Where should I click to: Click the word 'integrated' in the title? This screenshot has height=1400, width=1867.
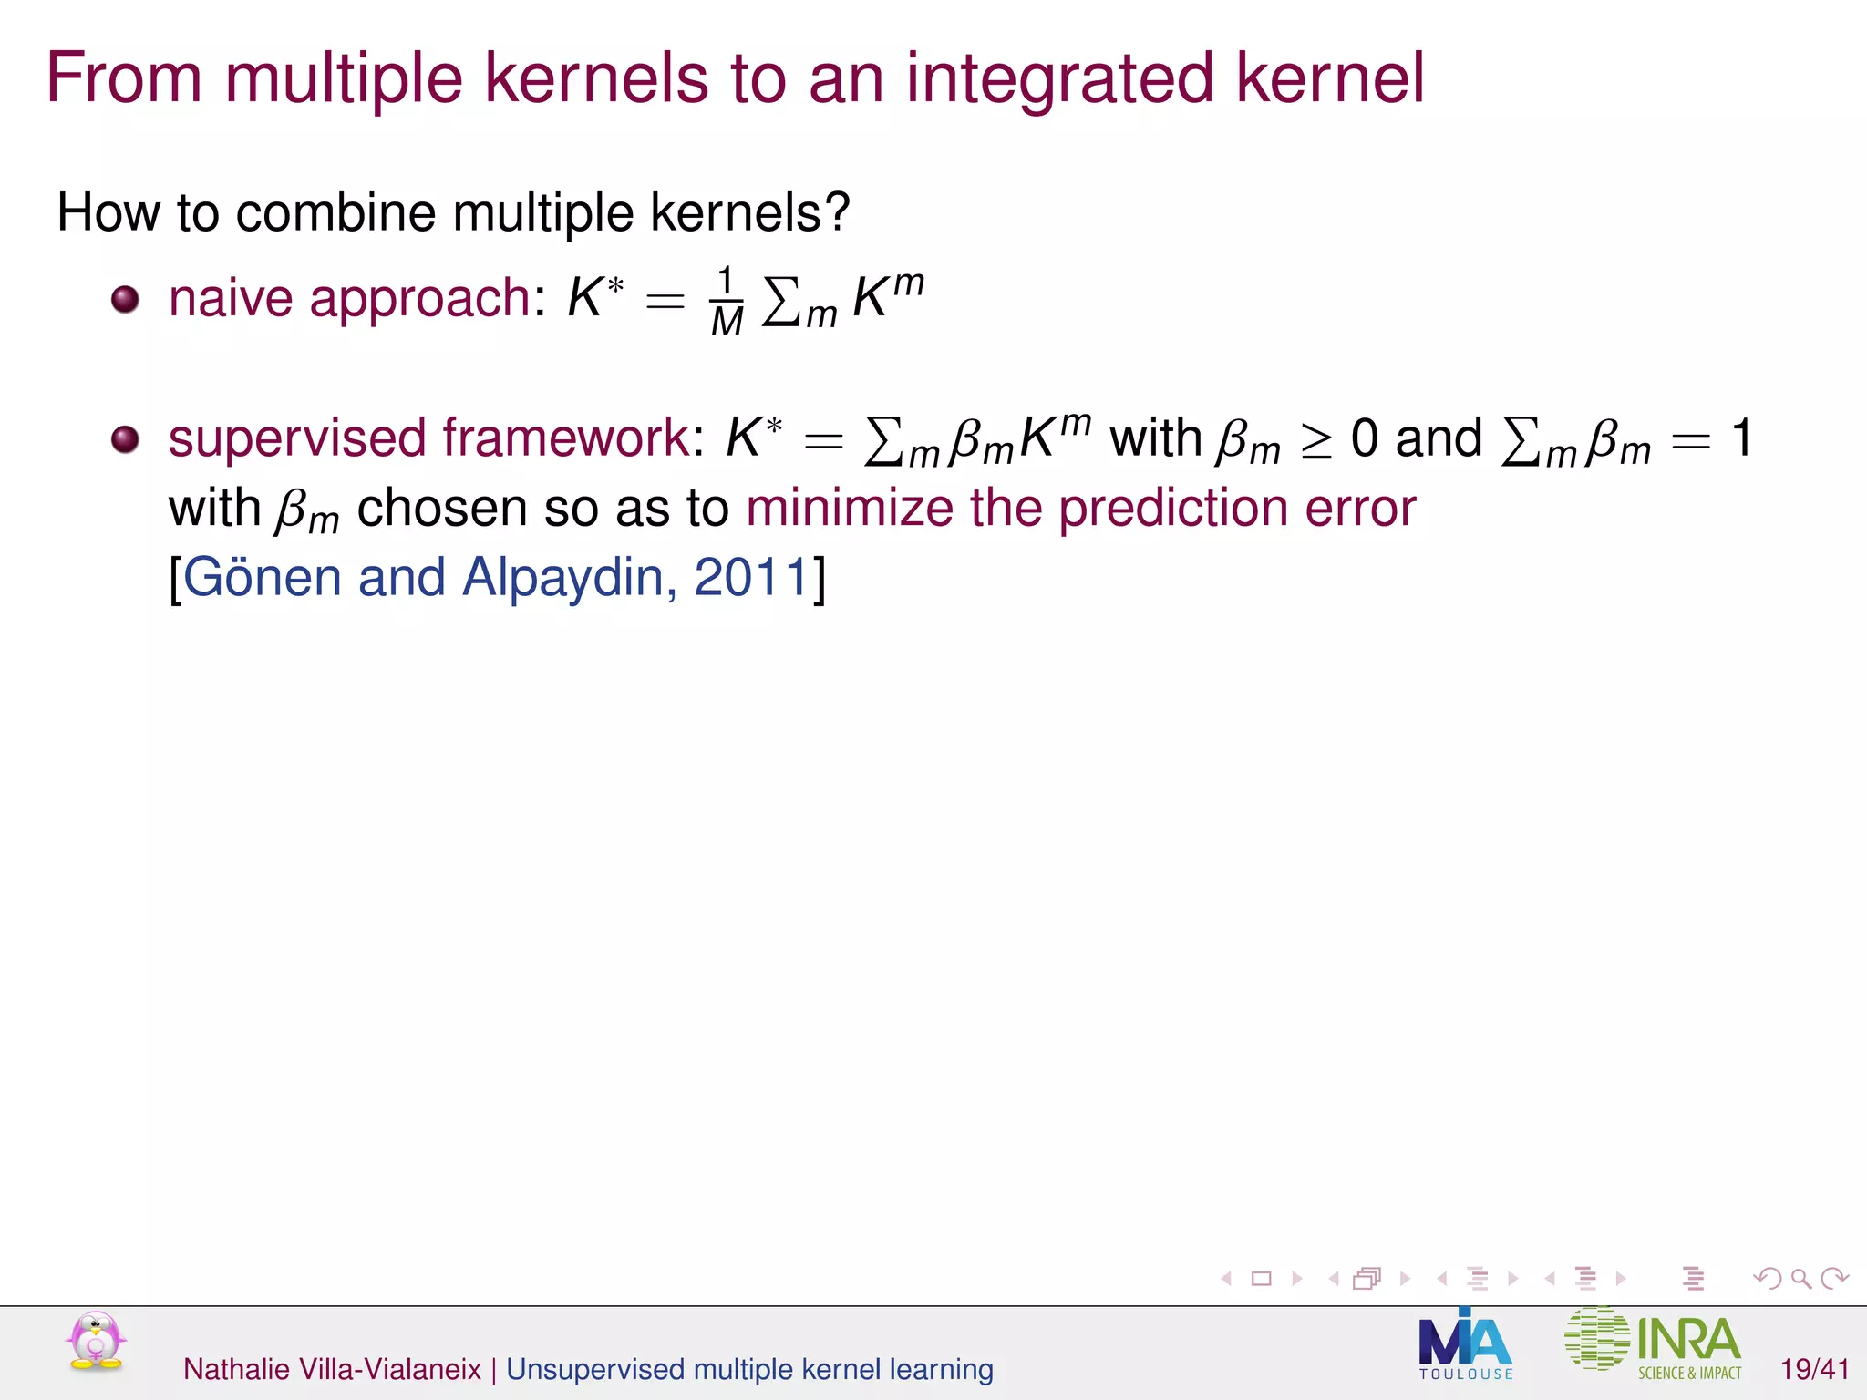pos(1059,79)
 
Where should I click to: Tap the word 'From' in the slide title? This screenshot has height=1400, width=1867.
pos(124,77)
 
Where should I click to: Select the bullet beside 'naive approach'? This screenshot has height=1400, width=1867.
pos(125,299)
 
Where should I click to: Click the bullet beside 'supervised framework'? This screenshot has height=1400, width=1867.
pos(125,439)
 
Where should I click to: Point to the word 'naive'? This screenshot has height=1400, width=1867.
pos(231,298)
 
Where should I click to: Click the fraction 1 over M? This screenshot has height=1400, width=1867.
pos(727,302)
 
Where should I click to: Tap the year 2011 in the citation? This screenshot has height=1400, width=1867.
pos(751,577)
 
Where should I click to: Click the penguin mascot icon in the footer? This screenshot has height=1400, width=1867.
pos(96,1341)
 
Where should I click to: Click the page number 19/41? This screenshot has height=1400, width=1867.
pos(1814,1369)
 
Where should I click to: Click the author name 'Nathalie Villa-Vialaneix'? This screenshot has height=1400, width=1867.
pos(332,1369)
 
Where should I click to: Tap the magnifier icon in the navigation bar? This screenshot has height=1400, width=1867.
pos(1800,1279)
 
